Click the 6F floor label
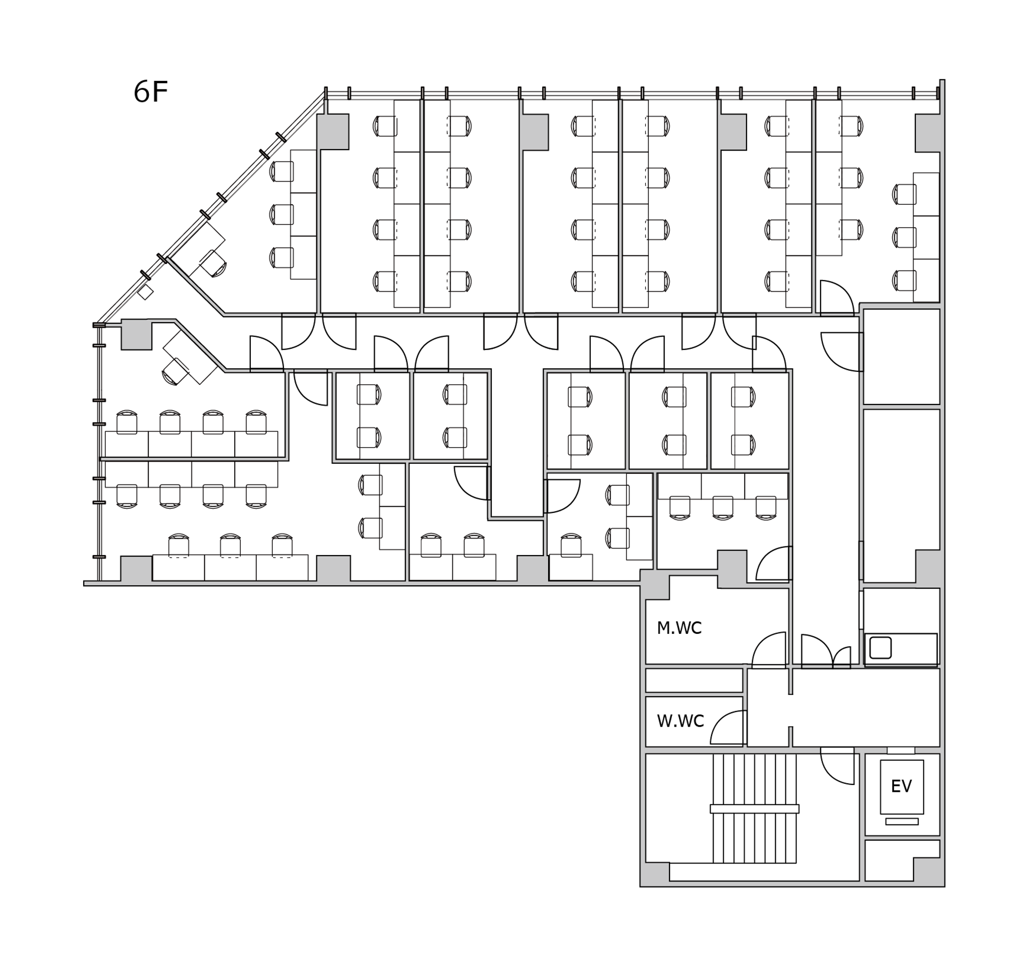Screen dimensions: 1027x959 tap(151, 92)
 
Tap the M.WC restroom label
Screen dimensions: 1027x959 tap(679, 628)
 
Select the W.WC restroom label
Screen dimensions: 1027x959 tap(680, 721)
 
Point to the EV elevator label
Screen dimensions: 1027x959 tap(902, 786)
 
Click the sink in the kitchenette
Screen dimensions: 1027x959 tap(881, 648)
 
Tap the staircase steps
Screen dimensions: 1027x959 tap(754, 808)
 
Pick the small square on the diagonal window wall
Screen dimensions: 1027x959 tap(145, 292)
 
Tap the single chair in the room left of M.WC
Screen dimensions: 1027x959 tap(571, 545)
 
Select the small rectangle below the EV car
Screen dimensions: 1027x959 tap(902, 821)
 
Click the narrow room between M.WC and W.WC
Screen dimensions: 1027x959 tap(694, 680)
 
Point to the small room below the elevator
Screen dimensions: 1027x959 tap(902, 860)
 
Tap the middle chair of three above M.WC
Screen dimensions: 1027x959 tap(722, 508)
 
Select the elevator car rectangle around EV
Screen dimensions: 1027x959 tap(902, 787)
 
